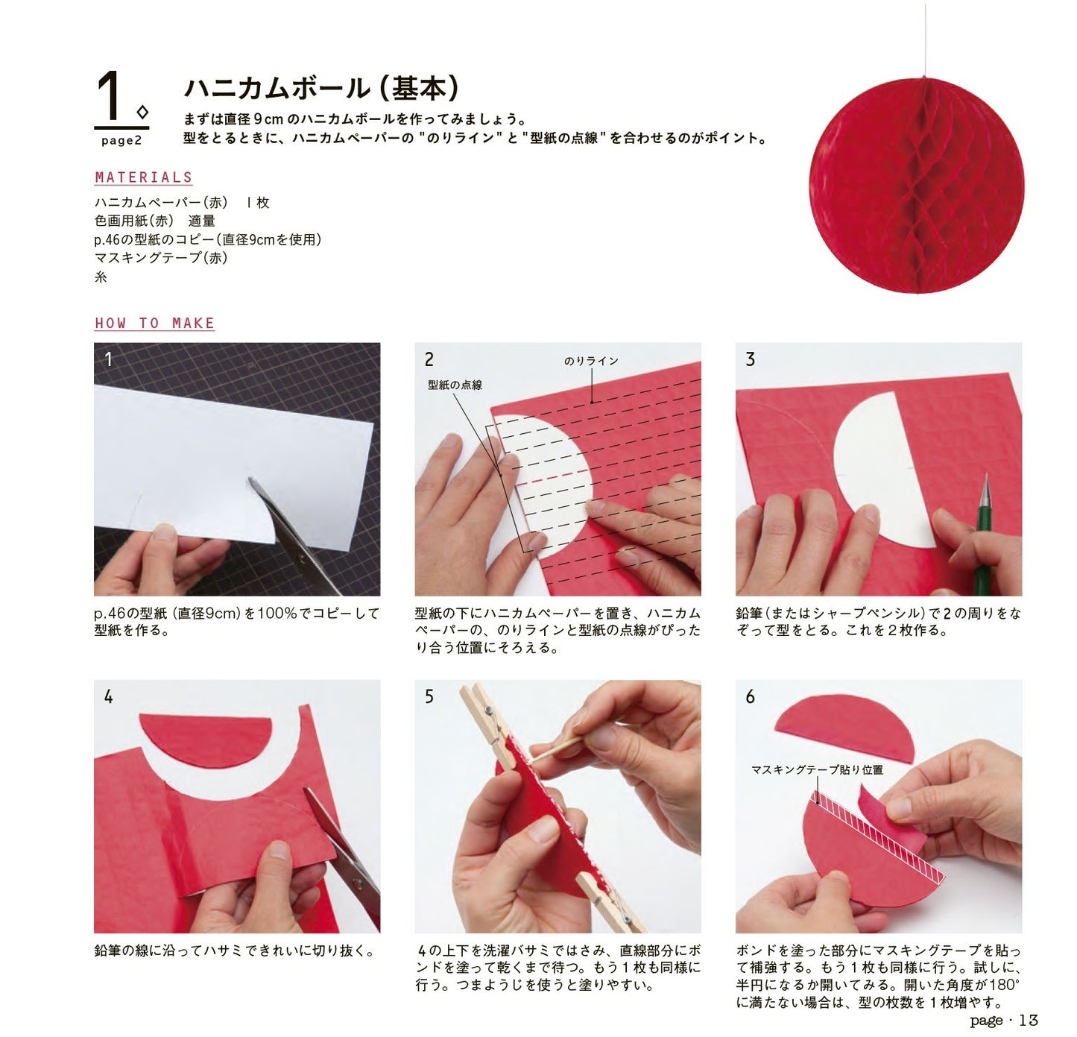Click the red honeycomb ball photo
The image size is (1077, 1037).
(x=916, y=186)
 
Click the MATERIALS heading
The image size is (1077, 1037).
(x=143, y=177)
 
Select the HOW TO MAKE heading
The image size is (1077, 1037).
(x=154, y=323)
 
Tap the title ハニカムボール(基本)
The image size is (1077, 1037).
(x=321, y=89)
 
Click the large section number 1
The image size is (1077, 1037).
(x=110, y=95)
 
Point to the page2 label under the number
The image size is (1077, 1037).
(x=121, y=141)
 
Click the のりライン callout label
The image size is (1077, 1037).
(x=591, y=361)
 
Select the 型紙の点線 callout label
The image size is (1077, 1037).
(x=455, y=385)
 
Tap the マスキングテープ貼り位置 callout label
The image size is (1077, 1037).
(x=817, y=769)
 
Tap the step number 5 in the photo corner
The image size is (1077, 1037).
(x=429, y=696)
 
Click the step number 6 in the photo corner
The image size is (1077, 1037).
(x=750, y=696)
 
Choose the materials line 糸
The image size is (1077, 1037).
(x=101, y=277)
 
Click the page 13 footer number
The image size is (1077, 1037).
(x=1029, y=1020)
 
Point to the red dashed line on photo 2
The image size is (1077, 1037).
(x=543, y=478)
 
